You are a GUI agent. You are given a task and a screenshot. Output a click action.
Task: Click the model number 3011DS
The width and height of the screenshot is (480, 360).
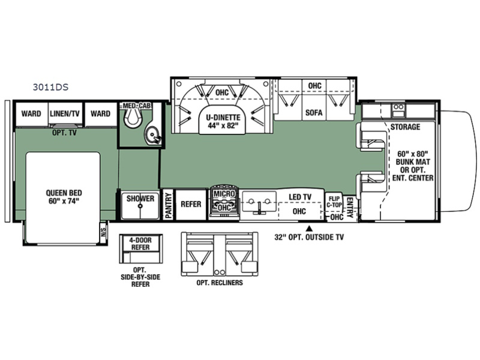(50, 87)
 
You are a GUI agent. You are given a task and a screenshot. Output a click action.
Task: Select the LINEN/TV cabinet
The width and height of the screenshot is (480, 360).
(65, 113)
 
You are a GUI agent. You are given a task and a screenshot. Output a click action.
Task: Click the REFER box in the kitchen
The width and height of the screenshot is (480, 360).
(191, 205)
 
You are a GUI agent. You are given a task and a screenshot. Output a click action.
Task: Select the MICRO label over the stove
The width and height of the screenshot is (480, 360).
(224, 194)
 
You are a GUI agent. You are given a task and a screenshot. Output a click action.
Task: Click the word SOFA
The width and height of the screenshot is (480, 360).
(314, 113)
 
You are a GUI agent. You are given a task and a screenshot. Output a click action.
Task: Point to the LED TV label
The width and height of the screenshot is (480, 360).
(300, 197)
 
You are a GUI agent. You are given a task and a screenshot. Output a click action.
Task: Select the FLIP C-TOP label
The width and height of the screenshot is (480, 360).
(334, 202)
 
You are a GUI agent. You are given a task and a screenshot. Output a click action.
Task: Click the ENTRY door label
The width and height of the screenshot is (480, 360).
(350, 207)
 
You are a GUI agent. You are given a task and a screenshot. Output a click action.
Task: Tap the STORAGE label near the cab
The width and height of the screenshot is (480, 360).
(405, 127)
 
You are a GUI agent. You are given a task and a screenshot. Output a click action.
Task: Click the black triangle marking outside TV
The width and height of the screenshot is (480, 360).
(309, 228)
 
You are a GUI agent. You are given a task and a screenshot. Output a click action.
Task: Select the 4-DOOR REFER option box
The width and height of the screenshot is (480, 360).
(141, 249)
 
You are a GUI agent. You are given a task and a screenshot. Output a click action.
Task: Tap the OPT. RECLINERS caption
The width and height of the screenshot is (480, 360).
(220, 283)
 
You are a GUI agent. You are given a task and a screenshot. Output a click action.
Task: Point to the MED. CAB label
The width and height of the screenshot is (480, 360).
(137, 106)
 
